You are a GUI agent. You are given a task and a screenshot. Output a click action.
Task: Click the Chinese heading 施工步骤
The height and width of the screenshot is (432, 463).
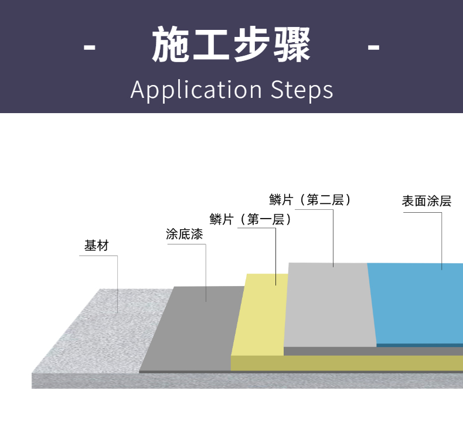(x=231, y=45)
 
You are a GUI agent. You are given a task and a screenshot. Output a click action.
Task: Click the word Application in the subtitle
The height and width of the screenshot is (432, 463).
(x=196, y=90)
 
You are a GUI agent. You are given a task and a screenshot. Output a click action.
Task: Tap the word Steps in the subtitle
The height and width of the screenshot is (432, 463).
(x=302, y=90)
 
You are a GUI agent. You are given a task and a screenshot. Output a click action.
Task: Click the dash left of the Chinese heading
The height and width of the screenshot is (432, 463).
(x=90, y=46)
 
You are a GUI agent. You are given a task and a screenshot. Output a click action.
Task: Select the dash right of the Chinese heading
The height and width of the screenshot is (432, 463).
(x=373, y=46)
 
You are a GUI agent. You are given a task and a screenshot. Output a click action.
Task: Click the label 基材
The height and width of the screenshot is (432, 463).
(x=97, y=246)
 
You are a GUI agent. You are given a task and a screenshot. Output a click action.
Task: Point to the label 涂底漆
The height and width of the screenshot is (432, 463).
(x=185, y=234)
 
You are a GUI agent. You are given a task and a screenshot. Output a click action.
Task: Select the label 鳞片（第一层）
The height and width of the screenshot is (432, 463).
(x=251, y=220)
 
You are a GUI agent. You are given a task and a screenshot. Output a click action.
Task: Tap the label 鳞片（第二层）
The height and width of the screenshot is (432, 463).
(x=311, y=200)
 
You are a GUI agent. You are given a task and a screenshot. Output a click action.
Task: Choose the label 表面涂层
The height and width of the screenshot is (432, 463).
(x=427, y=201)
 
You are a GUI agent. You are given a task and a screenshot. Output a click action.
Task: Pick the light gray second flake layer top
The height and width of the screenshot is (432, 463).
(x=328, y=305)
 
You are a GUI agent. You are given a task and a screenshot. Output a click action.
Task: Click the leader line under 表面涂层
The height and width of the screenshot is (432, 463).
(x=442, y=240)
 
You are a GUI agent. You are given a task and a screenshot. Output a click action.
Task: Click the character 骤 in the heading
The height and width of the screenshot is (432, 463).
(x=291, y=45)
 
